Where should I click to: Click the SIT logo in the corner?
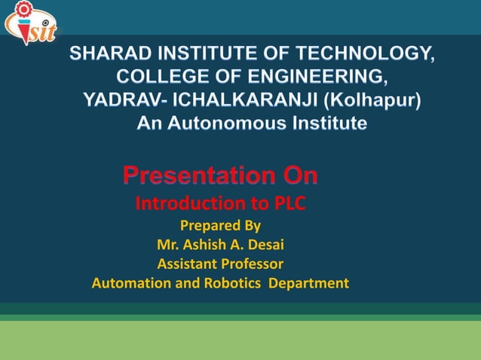click(x=30, y=23)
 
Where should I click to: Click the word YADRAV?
click(x=117, y=100)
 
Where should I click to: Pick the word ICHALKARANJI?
click(x=225, y=100)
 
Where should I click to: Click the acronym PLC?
click(x=290, y=204)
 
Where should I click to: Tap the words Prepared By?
click(x=220, y=225)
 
